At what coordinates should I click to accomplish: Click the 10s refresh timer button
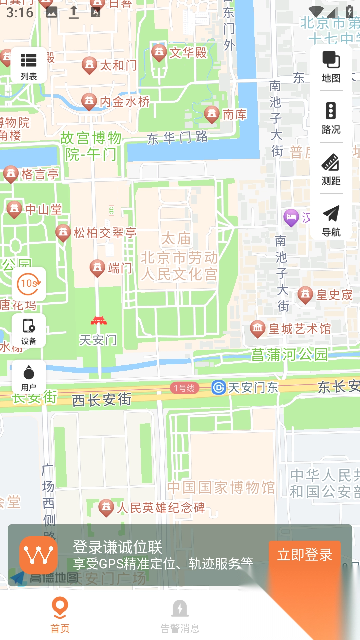pyautogui.click(x=29, y=284)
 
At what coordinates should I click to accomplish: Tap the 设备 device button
pyautogui.click(x=29, y=331)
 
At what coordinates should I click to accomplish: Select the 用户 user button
pyautogui.click(x=29, y=377)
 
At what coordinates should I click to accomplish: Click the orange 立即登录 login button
pyautogui.click(x=304, y=555)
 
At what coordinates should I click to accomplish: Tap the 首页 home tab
pyautogui.click(x=60, y=615)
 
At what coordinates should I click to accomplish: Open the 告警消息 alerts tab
pyautogui.click(x=180, y=615)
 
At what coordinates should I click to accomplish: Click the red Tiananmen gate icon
pyautogui.click(x=99, y=321)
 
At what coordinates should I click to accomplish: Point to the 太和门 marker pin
pyautogui.click(x=89, y=65)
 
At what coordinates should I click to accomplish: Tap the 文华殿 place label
pyautogui.click(x=188, y=53)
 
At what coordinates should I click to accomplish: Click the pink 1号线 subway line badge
pyautogui.click(x=184, y=388)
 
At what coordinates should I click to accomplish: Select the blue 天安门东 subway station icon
pyautogui.click(x=219, y=388)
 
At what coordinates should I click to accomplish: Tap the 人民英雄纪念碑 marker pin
pyautogui.click(x=106, y=507)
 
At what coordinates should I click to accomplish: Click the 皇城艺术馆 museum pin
pyautogui.click(x=258, y=328)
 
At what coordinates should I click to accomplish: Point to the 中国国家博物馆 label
pyautogui.click(x=221, y=487)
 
